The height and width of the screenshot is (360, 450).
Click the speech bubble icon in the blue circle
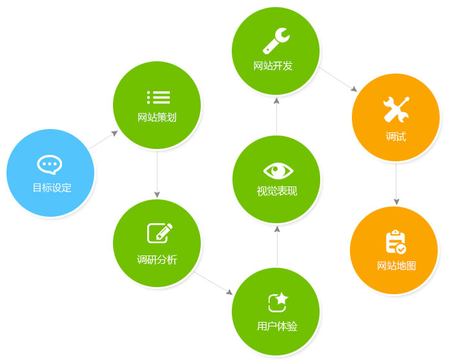point(50,165)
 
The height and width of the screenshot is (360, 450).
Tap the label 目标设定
point(52,188)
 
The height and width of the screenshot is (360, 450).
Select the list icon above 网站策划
point(158,97)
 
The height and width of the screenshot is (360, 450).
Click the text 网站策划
point(157,117)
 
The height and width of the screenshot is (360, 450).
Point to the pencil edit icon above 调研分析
point(159,232)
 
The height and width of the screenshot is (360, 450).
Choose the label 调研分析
point(157,260)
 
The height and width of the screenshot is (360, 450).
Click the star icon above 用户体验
point(278,301)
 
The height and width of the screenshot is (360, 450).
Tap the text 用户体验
point(277,326)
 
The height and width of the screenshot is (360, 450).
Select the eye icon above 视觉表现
point(278,170)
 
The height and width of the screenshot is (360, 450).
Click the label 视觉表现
point(277,191)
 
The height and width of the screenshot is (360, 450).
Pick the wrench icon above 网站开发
point(276,41)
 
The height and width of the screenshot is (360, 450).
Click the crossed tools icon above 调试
point(396,109)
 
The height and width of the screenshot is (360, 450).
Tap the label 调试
point(396,137)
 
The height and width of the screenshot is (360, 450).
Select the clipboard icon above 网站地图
point(395,242)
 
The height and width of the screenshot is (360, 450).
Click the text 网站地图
point(396,265)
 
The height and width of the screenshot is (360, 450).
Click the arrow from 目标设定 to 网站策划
point(104,140)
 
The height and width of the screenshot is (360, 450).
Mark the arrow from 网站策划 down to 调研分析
point(157,174)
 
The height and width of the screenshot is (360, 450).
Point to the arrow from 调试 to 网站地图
point(396,184)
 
